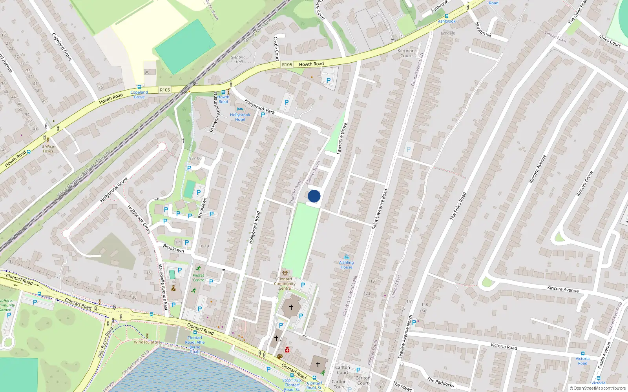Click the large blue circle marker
click(314, 196)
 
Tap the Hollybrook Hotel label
click(240, 117)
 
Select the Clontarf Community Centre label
click(285, 283)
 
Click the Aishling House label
click(346, 265)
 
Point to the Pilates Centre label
click(198, 278)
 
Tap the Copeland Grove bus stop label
click(139, 94)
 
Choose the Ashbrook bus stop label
click(447, 21)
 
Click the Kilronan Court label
click(406, 53)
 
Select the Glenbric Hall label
click(238, 60)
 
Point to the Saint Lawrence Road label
click(380, 209)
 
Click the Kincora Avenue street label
click(563, 289)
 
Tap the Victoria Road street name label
click(504, 347)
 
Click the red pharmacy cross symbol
click(287, 350)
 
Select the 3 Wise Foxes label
click(48, 149)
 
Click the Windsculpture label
click(147, 342)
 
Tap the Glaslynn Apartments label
click(214, 112)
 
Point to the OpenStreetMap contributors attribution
click(597, 388)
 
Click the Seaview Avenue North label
click(405, 337)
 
